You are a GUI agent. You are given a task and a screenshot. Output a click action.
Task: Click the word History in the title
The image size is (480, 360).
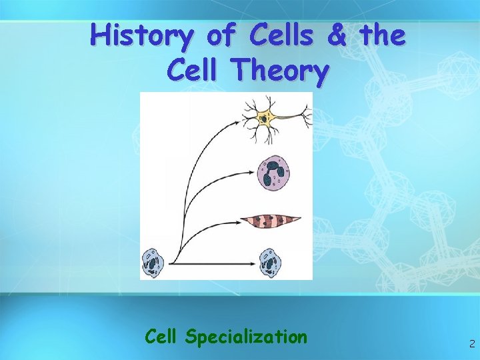tap(142, 35)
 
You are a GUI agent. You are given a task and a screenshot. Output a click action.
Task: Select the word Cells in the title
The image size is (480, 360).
tap(283, 35)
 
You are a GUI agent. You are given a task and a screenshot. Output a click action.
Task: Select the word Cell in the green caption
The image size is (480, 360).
tap(163, 337)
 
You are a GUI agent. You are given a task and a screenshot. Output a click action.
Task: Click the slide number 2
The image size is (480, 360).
tap(471, 344)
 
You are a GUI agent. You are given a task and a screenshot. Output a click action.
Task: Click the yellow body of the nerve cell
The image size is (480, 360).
tap(266, 119)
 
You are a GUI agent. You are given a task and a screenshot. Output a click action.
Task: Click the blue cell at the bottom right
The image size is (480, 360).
tap(270, 262)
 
